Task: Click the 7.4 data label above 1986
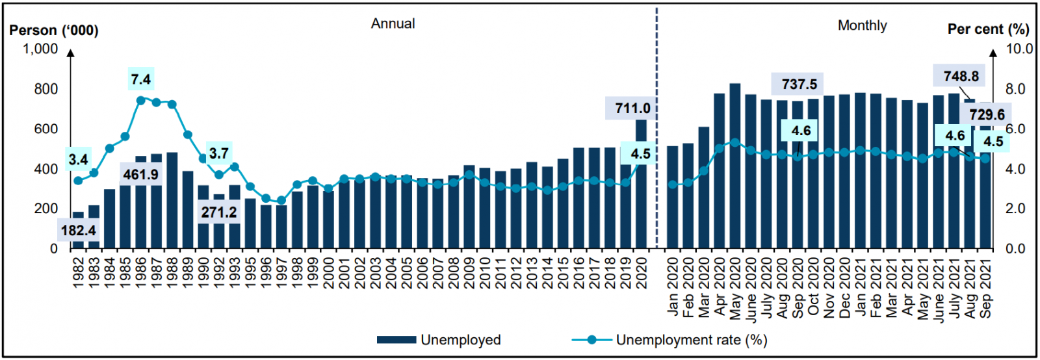point(140,79)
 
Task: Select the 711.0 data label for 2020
point(632,108)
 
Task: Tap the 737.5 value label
point(799,84)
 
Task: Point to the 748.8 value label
point(961,76)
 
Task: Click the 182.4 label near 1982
point(78,231)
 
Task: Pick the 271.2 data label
point(219,212)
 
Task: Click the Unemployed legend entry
point(439,340)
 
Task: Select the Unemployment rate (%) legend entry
point(669,340)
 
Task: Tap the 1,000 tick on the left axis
point(40,49)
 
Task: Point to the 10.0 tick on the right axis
point(1019,49)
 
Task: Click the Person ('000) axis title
point(54,31)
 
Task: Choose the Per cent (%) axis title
point(988,29)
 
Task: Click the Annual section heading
point(393,23)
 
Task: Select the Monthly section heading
point(862,25)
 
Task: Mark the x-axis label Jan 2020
point(673,286)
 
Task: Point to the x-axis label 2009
point(469,272)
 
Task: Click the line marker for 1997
point(281,201)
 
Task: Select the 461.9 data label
point(141,175)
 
